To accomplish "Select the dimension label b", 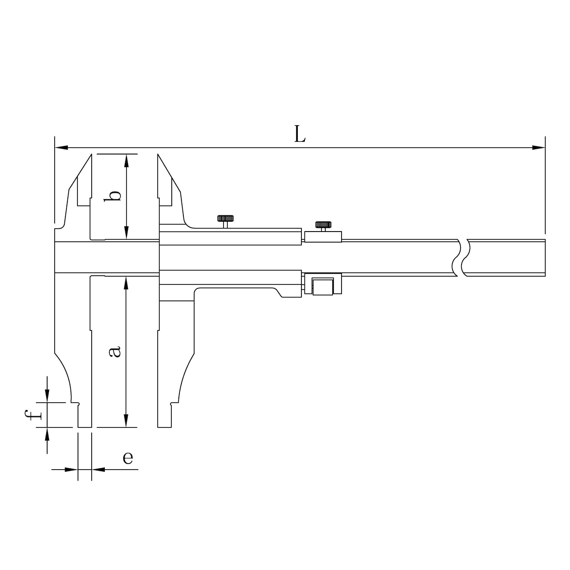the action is coord(113,196).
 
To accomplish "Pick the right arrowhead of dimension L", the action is coord(538,148).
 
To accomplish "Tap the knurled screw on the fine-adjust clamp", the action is coord(323,226).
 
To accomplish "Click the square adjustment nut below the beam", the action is coord(323,286).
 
